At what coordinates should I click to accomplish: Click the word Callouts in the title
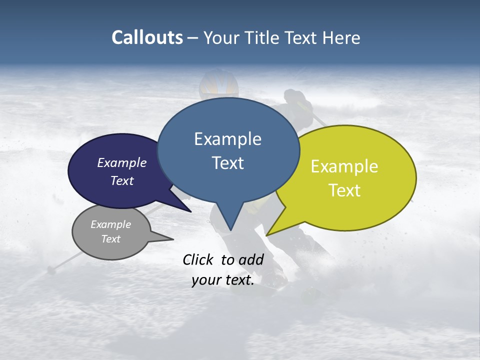[147, 37]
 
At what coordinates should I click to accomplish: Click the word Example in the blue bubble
[227, 139]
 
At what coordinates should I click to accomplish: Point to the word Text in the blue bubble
[227, 163]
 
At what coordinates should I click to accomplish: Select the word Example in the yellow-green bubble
[344, 166]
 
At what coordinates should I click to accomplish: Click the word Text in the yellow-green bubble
[344, 190]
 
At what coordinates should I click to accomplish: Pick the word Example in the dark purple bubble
[122, 162]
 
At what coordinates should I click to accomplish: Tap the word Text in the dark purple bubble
[122, 180]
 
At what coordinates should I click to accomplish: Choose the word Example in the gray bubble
[111, 224]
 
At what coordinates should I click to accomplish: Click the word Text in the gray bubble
[111, 239]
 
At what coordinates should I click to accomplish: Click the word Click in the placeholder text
[199, 259]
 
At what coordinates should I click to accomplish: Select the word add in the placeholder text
[251, 259]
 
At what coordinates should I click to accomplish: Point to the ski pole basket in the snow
[50, 270]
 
